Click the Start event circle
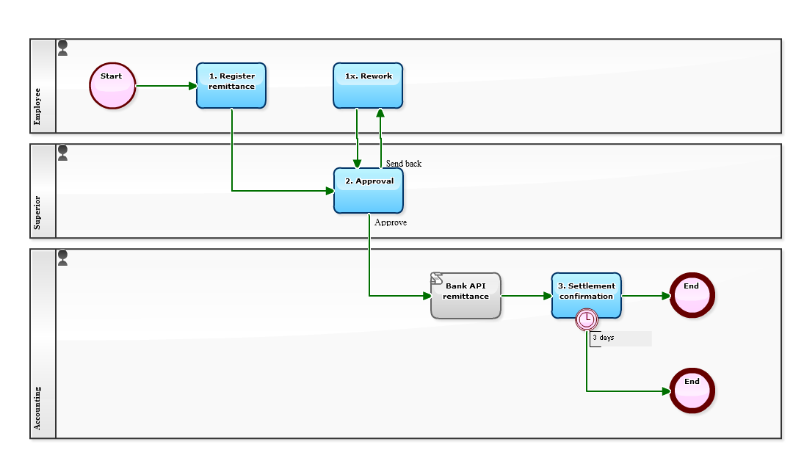112,86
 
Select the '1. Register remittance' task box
231,86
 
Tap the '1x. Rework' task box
368,86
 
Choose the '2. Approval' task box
369,191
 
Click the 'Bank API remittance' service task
466,296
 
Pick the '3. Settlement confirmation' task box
586,296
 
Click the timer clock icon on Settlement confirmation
587,319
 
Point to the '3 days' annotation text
604,338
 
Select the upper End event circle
692,295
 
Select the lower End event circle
692,391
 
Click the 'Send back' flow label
404,164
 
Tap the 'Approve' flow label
391,222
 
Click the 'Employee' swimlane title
38,106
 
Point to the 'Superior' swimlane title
38,212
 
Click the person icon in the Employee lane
63,48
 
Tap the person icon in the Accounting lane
63,258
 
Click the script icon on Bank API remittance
437,279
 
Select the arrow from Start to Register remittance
166,86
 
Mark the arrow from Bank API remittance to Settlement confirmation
526,296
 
